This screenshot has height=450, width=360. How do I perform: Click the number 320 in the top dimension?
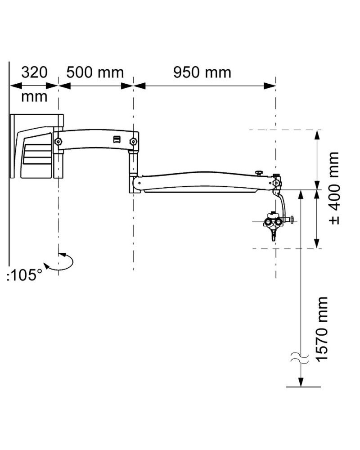click(34, 72)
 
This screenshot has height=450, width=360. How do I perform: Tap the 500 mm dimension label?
click(95, 72)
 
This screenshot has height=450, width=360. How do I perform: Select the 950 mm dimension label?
click(202, 72)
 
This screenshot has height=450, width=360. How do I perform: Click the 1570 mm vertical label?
click(322, 328)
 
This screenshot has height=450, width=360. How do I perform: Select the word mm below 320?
click(34, 96)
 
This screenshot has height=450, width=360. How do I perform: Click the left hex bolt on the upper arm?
click(58, 142)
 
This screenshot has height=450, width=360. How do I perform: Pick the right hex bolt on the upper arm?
click(133, 142)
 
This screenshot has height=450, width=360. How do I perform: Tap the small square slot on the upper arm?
click(117, 139)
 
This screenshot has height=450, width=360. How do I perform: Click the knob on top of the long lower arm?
click(259, 173)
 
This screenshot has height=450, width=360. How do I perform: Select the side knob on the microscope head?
click(292, 220)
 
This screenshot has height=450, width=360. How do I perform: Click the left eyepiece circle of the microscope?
click(270, 222)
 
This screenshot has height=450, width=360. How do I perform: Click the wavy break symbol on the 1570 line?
click(300, 358)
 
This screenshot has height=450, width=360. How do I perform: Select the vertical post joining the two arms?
click(134, 164)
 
